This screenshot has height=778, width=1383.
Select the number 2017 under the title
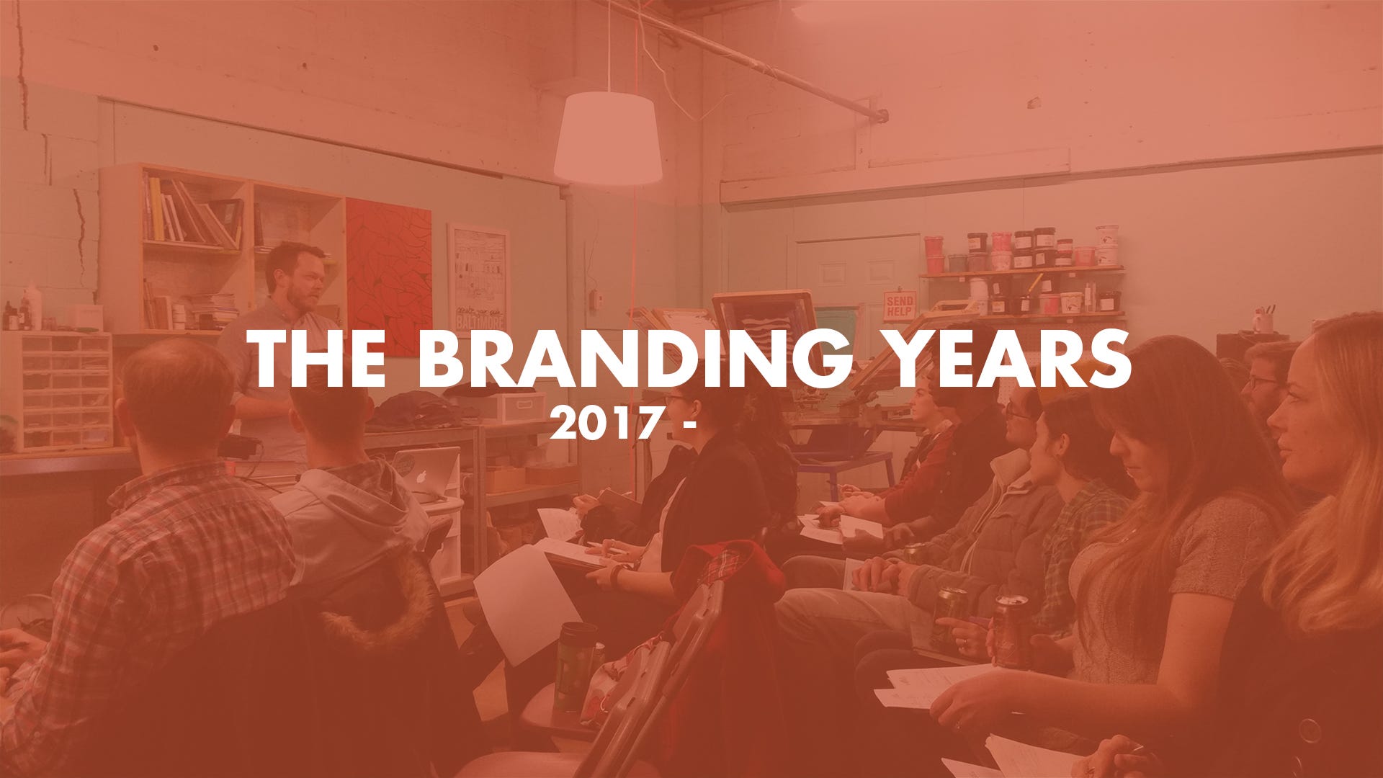(605, 425)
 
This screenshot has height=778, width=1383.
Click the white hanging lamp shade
(608, 138)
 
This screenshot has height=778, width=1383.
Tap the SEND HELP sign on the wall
(900, 305)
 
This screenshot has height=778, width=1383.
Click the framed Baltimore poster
(478, 278)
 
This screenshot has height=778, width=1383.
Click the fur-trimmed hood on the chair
(375, 598)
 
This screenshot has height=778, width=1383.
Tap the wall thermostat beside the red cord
(596, 300)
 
